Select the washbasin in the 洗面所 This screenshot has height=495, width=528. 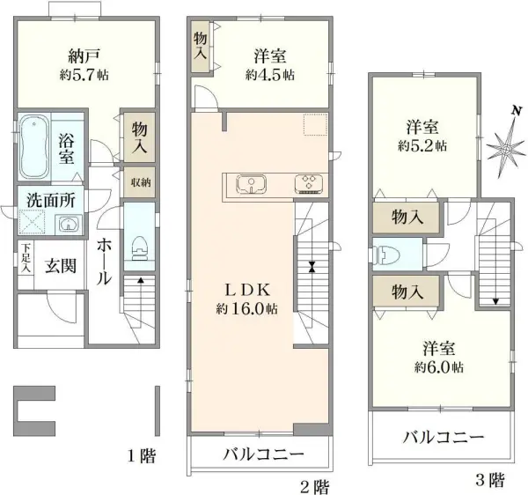(x=65, y=224)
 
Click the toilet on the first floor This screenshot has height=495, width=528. (x=138, y=242)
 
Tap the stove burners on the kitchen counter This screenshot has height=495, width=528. (x=310, y=184)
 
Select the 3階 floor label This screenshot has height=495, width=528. (x=490, y=480)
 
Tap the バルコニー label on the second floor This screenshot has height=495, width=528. (x=261, y=455)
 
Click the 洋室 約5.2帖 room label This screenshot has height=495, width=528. (x=424, y=134)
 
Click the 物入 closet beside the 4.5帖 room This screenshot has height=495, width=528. (x=201, y=44)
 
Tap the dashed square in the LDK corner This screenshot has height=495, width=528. (x=314, y=125)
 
